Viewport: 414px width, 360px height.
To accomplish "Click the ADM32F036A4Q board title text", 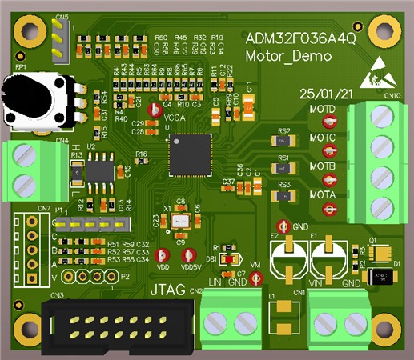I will pyautogui.click(x=301, y=38).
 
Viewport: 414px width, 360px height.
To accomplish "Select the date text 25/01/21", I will pyautogui.click(x=326, y=94).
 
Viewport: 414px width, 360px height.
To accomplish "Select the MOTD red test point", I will pyautogui.click(x=328, y=122).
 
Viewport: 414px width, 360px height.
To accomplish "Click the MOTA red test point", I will pyautogui.click(x=328, y=209).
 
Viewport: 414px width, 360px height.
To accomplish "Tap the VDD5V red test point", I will pyautogui.click(x=190, y=246).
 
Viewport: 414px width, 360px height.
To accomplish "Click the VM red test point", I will pyautogui.click(x=255, y=278).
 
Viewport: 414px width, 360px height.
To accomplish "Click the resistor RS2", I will pyautogui.click(x=283, y=141).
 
